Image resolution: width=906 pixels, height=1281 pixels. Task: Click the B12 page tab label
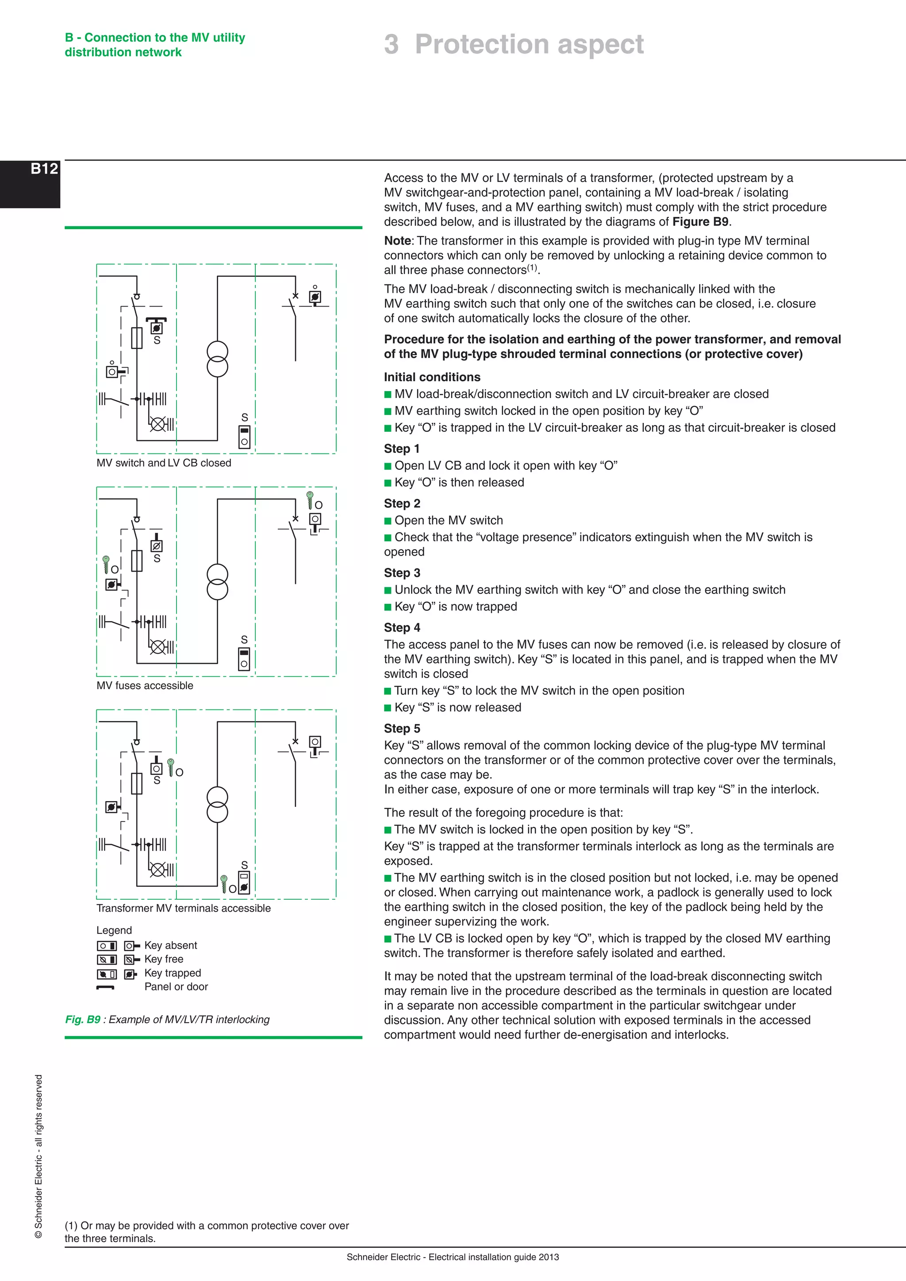click(x=44, y=169)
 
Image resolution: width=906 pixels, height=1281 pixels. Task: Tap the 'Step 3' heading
click(x=402, y=573)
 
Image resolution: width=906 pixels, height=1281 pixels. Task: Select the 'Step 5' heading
click(x=402, y=729)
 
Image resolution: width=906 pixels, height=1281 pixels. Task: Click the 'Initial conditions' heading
click(x=432, y=377)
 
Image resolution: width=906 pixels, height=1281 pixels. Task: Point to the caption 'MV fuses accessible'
click(x=145, y=686)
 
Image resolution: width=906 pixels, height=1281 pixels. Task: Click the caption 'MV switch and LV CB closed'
click(x=163, y=463)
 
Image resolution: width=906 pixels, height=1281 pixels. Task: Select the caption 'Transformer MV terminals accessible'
click(x=183, y=908)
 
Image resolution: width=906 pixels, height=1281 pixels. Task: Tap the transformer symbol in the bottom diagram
click(x=218, y=805)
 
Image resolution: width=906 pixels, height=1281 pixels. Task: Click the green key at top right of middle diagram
click(x=310, y=499)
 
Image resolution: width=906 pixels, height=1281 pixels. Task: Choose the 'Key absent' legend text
click(x=171, y=945)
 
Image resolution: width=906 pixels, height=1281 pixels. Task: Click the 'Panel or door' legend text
click(x=176, y=987)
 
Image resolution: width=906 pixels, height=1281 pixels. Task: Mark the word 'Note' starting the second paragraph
click(x=397, y=241)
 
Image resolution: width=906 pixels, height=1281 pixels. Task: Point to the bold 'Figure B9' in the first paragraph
click(x=700, y=222)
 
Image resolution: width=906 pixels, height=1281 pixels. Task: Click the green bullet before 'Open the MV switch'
click(x=388, y=521)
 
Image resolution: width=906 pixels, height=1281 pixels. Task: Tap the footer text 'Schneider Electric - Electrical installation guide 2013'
click(x=453, y=1257)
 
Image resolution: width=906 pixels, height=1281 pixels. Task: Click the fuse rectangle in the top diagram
click(x=137, y=338)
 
